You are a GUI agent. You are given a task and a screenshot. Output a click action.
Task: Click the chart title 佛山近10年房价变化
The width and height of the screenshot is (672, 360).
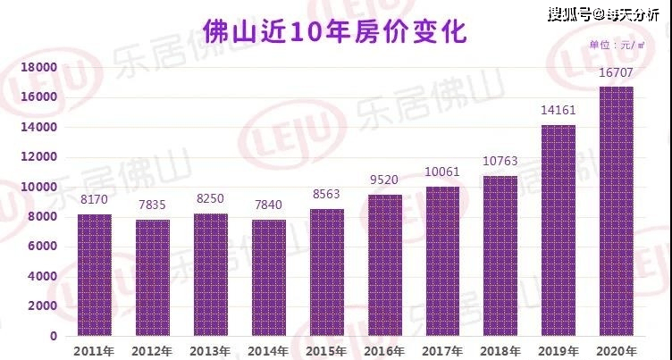(335, 31)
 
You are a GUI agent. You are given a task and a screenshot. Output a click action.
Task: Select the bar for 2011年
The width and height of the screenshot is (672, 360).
(95, 275)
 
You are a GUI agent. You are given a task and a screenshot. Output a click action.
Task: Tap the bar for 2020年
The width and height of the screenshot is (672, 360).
(616, 212)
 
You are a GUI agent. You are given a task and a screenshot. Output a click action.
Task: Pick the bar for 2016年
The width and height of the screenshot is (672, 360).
(385, 265)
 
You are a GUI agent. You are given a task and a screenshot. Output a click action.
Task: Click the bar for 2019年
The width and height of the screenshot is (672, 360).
(558, 230)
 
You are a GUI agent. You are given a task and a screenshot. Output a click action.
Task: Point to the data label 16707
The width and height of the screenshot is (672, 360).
(616, 73)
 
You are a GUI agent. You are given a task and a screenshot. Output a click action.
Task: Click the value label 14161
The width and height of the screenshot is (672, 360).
(558, 111)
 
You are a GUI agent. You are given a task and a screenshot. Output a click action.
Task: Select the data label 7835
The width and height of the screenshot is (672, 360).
(152, 205)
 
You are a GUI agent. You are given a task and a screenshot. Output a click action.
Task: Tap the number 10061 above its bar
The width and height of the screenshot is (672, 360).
(442, 172)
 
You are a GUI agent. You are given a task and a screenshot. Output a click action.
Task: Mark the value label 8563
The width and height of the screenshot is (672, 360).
(326, 194)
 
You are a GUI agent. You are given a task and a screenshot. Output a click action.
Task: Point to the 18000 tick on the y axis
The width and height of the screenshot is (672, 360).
(38, 68)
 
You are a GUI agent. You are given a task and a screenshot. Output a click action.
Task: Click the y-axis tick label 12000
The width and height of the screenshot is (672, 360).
(38, 157)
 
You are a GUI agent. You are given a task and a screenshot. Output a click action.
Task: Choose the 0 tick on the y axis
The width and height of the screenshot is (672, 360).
(53, 337)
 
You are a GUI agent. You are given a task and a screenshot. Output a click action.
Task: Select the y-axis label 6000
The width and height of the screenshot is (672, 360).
(42, 247)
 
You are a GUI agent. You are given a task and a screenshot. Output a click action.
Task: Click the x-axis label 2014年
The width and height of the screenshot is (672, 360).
(268, 351)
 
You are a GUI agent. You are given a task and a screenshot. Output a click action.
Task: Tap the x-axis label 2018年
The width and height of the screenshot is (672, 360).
(500, 351)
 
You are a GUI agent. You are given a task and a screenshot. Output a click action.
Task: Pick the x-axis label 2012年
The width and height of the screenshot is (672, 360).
(152, 351)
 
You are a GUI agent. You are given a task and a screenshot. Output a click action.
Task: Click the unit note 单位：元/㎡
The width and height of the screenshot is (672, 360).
(617, 45)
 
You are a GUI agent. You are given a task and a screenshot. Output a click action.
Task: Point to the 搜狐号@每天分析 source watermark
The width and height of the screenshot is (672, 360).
(604, 14)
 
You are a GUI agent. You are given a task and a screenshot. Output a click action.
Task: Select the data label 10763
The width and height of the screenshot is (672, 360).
(500, 161)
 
